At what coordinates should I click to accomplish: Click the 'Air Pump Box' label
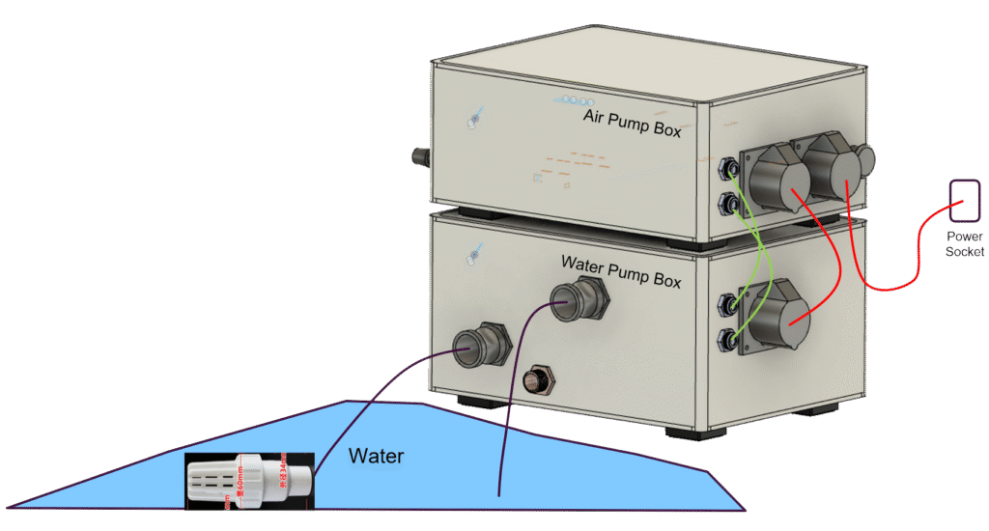(x=632, y=122)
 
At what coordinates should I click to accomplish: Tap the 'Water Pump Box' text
(x=621, y=269)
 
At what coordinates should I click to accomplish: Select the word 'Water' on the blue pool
(x=376, y=456)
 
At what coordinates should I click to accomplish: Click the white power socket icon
(x=964, y=201)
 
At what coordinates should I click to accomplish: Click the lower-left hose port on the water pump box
(x=480, y=343)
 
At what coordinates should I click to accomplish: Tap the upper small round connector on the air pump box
(x=727, y=170)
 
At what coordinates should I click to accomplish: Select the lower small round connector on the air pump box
(x=726, y=203)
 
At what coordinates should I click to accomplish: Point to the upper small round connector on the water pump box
(x=726, y=305)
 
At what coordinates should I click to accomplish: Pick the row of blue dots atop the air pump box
(x=576, y=98)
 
